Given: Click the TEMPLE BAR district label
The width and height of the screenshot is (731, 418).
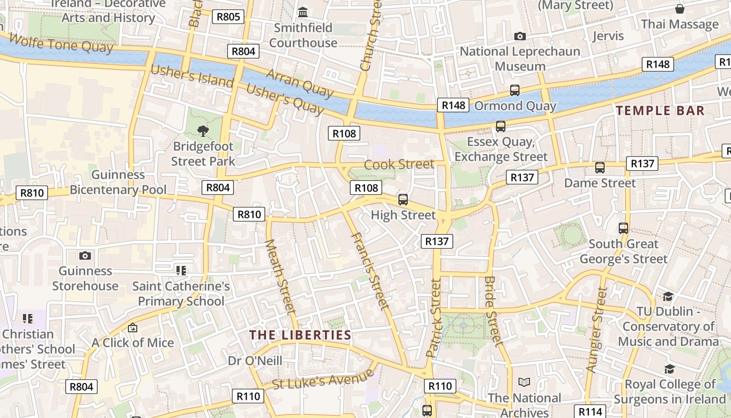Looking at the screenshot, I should [x=660, y=110].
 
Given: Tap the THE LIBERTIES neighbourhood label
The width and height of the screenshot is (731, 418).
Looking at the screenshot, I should [x=300, y=335].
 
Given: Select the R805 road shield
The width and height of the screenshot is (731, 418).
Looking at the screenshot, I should [x=228, y=17].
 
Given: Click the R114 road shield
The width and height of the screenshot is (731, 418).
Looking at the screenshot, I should [x=590, y=411].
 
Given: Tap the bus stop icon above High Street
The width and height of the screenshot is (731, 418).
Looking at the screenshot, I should [x=403, y=199].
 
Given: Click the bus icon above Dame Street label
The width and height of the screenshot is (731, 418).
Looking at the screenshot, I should [x=599, y=168].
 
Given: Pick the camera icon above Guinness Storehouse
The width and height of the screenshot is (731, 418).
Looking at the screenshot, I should [x=85, y=256].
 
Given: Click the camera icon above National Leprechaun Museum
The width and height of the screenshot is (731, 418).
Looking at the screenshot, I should [x=520, y=36].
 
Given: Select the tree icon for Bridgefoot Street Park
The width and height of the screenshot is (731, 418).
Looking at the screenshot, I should [x=203, y=131].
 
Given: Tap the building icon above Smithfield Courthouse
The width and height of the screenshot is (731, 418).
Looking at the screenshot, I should [x=303, y=11].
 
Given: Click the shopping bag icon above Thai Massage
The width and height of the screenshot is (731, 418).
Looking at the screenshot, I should [x=679, y=9].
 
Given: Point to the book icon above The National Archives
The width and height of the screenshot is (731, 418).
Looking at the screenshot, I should [x=524, y=382].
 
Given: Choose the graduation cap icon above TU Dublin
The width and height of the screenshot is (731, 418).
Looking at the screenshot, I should [x=668, y=297].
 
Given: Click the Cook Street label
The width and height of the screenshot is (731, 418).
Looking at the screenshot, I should [x=399, y=164].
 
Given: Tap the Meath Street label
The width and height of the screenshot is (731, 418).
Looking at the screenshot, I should [x=281, y=277].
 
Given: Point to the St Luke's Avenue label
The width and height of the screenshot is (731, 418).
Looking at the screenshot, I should [x=323, y=378].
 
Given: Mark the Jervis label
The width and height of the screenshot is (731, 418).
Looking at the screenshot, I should [x=608, y=36].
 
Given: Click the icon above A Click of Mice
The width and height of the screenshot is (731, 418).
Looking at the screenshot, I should [x=133, y=328].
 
